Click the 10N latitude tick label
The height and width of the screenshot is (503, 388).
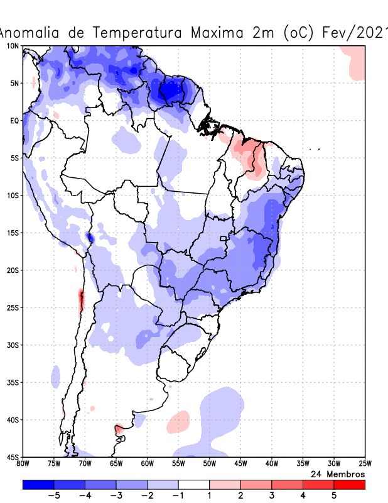(13, 46)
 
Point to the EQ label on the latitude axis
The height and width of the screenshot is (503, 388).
(14, 121)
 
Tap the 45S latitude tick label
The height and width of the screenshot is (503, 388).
(13, 457)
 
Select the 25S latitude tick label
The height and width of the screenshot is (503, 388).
(13, 307)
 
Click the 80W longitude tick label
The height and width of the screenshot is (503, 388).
(23, 464)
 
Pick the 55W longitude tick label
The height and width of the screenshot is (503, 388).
(178, 464)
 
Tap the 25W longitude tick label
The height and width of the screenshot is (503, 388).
(364, 464)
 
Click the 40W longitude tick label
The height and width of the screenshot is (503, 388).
(271, 464)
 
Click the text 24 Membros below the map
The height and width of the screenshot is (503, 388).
(338, 473)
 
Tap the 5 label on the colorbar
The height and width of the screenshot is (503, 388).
(334, 496)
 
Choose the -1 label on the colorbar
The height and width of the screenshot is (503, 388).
(178, 496)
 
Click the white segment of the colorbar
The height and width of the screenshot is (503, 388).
(194, 485)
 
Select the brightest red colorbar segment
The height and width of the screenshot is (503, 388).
(350, 485)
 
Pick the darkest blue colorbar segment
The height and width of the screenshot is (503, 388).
(38, 485)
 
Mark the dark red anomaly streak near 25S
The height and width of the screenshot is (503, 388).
(81, 300)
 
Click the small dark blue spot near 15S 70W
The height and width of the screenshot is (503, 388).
(90, 237)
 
